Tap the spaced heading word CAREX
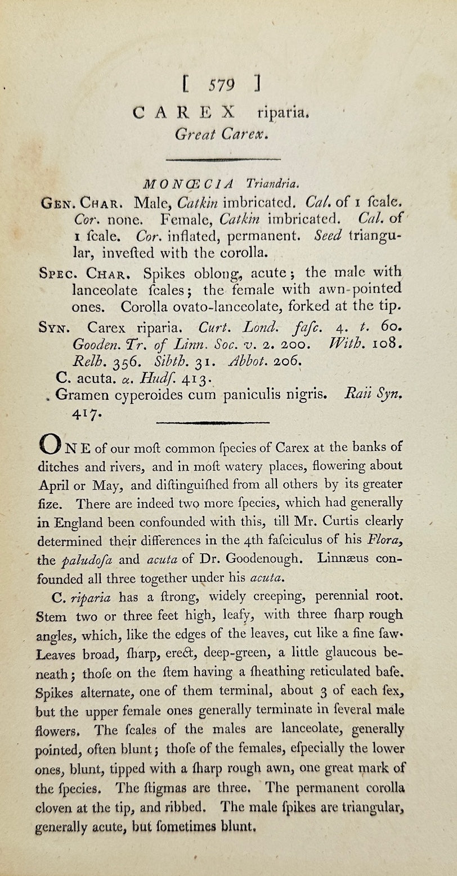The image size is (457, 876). pos(183,112)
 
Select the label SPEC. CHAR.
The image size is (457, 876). pos(86,274)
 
